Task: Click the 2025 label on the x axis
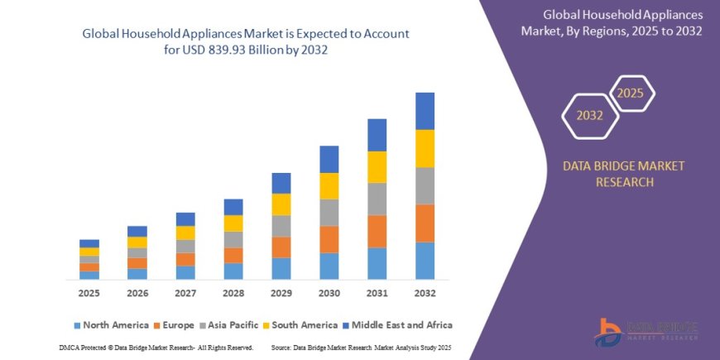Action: (89, 294)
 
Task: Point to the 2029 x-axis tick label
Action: (281, 294)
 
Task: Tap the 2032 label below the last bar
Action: (425, 294)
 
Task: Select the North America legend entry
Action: (111, 325)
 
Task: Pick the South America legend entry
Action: (301, 325)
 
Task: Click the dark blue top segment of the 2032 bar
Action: (425, 111)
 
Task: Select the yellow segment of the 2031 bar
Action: (377, 167)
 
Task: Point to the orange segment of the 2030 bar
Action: (329, 239)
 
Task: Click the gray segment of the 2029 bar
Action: (281, 226)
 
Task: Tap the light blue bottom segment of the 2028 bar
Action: (233, 271)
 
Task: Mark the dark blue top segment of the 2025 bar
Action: (89, 243)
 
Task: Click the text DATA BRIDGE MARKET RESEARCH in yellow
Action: (623, 174)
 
